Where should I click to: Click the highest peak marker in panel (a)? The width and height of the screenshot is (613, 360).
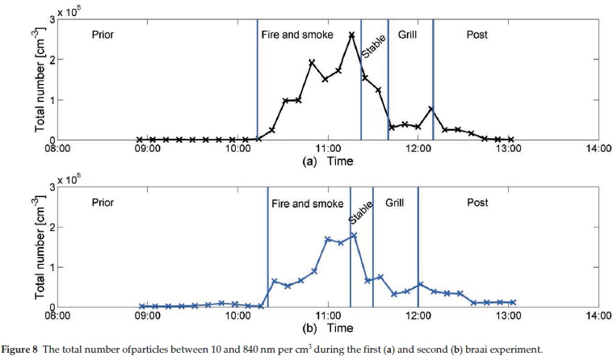point(351,35)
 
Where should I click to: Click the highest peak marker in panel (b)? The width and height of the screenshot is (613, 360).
point(354,235)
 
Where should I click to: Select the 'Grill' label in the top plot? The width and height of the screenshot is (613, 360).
point(407,36)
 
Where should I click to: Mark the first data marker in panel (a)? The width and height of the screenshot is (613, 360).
point(140,140)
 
